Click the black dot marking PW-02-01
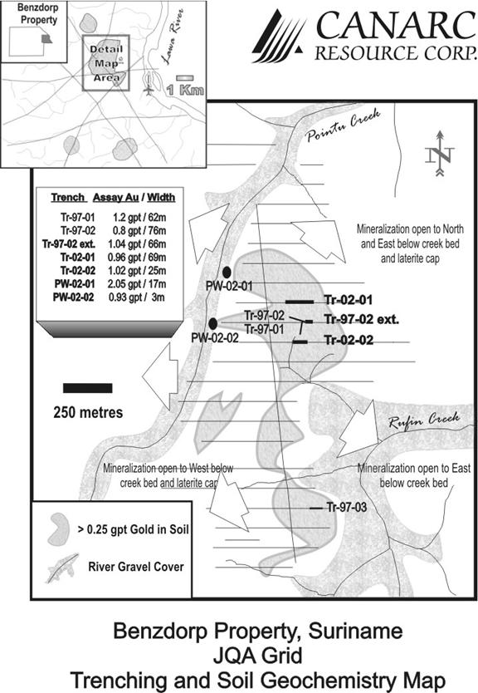pyautogui.click(x=227, y=272)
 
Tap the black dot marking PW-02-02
pyautogui.click(x=212, y=323)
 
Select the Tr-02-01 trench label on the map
pyautogui.click(x=349, y=300)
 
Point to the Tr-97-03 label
pyautogui.click(x=347, y=508)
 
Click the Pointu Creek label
pyautogui.click(x=344, y=125)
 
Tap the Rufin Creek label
pyautogui.click(x=424, y=420)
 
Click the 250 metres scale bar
pyautogui.click(x=87, y=389)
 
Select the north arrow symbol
pyautogui.click(x=440, y=154)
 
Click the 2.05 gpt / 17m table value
pyautogui.click(x=137, y=283)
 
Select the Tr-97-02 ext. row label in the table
pyautogui.click(x=69, y=244)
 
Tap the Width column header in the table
pyautogui.click(x=161, y=198)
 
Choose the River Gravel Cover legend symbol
pyautogui.click(x=61, y=568)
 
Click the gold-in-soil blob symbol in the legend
pyautogui.click(x=59, y=529)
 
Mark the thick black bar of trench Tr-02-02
pyautogui.click(x=300, y=342)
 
